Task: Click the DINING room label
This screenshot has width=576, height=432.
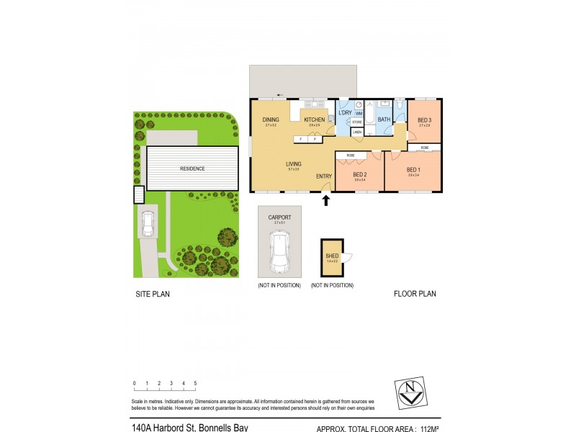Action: [271, 120]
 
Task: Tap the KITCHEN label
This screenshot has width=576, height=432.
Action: [314, 120]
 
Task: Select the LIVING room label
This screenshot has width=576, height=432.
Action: [293, 163]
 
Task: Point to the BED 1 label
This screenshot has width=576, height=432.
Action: [414, 170]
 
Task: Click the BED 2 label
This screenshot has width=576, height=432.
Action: [360, 174]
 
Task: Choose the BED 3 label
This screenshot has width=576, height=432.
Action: [424, 120]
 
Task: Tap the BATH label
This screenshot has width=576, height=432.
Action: [384, 120]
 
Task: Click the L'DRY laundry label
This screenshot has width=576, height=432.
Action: [346, 113]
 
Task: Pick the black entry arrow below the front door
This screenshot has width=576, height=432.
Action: [325, 200]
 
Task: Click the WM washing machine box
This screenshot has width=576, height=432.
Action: [359, 113]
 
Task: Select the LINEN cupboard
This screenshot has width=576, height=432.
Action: [357, 132]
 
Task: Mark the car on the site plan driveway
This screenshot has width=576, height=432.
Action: [148, 225]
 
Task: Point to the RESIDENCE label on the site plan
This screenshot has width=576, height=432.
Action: [192, 168]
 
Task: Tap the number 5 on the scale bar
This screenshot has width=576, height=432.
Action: [195, 383]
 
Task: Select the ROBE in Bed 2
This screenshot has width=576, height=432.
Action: [351, 156]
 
